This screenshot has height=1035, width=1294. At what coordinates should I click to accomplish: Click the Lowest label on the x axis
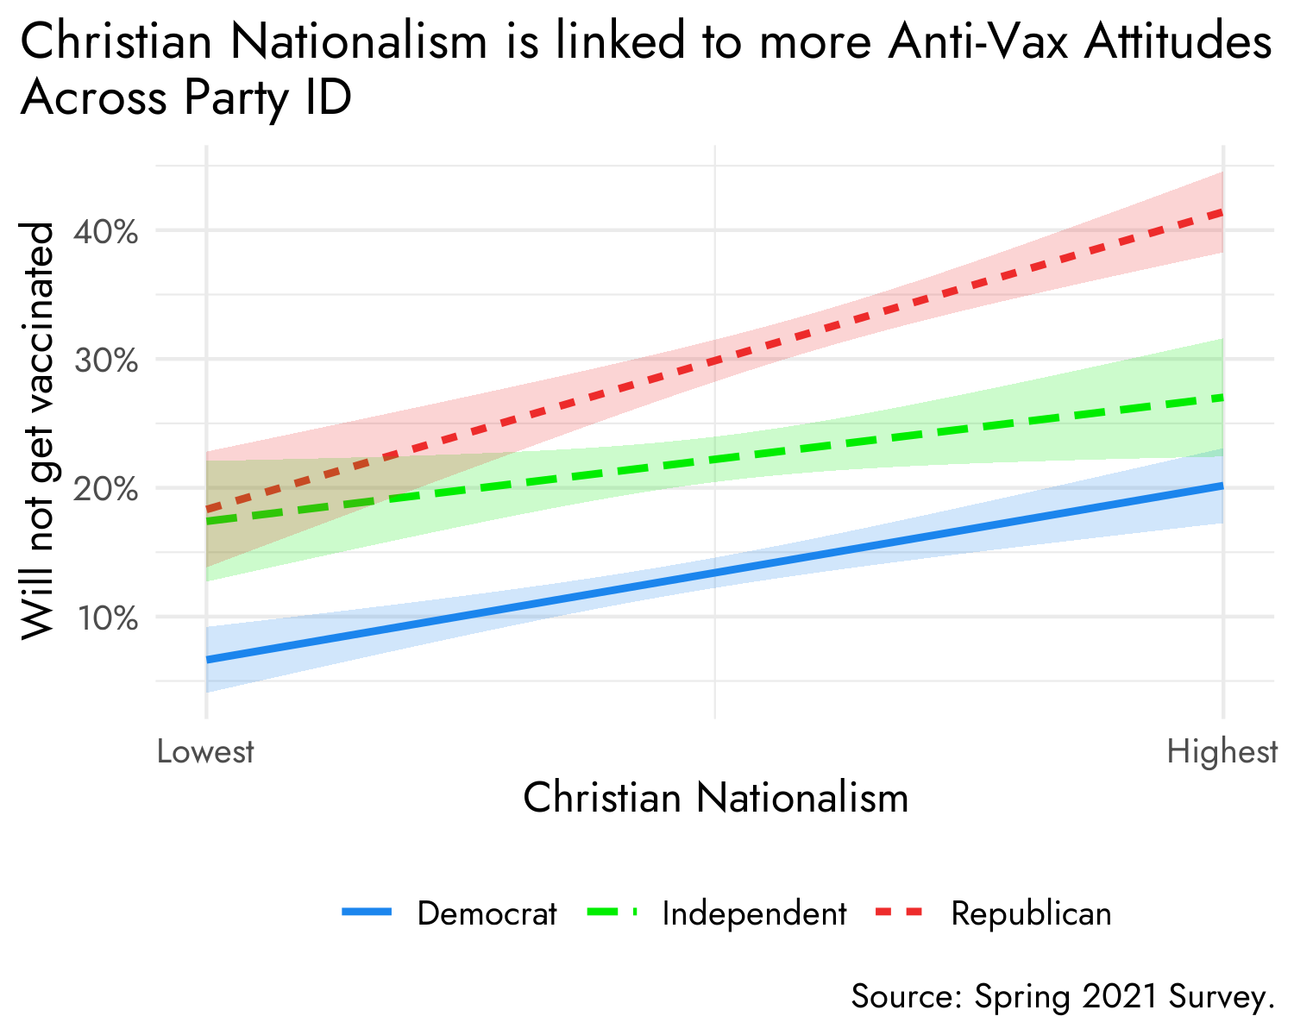(205, 752)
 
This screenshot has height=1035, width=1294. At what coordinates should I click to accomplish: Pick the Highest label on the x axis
(1222, 752)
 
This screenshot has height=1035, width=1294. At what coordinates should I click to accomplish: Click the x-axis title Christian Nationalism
(715, 798)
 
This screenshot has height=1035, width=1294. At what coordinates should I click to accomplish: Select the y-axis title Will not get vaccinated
(38, 431)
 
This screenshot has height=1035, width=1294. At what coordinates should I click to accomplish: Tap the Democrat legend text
(487, 913)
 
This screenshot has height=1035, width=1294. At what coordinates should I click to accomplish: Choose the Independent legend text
(754, 913)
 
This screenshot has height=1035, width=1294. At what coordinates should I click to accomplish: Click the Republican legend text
(1031, 913)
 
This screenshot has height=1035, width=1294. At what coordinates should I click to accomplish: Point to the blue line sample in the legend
(367, 912)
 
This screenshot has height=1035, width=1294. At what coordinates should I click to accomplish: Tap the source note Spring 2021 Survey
(1063, 997)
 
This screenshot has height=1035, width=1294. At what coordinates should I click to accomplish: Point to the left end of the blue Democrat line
(207, 661)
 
